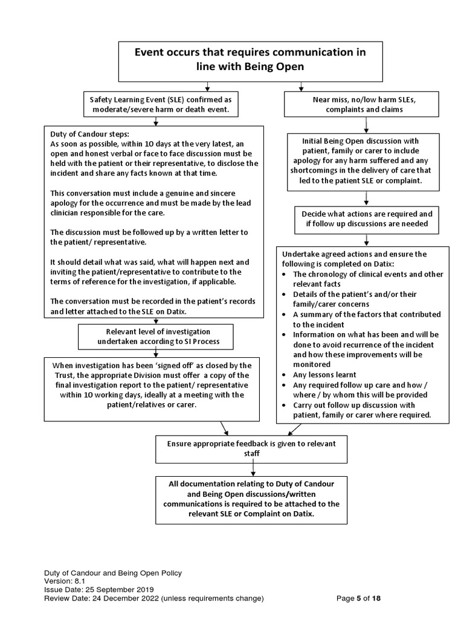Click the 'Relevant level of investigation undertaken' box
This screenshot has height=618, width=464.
click(x=155, y=337)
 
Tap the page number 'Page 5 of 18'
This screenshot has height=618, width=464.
click(x=359, y=599)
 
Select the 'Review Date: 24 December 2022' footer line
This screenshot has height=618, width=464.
click(x=153, y=599)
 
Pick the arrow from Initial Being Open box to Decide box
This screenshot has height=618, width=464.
click(x=366, y=197)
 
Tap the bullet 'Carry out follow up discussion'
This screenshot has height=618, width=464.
click(x=362, y=410)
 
